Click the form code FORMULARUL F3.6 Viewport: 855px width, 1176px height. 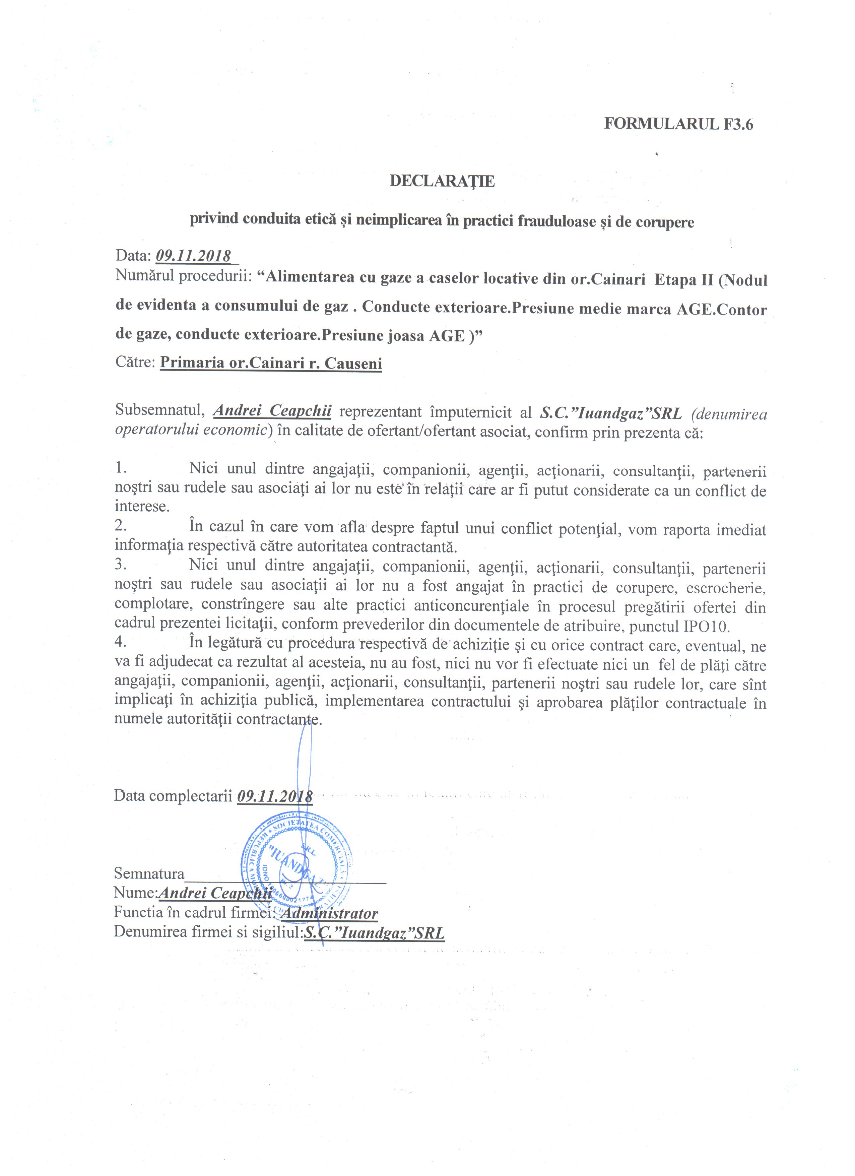point(678,124)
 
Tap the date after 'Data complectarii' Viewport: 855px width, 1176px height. point(274,796)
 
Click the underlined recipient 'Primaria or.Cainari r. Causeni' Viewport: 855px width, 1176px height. point(271,363)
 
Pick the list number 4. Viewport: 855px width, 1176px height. point(121,641)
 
